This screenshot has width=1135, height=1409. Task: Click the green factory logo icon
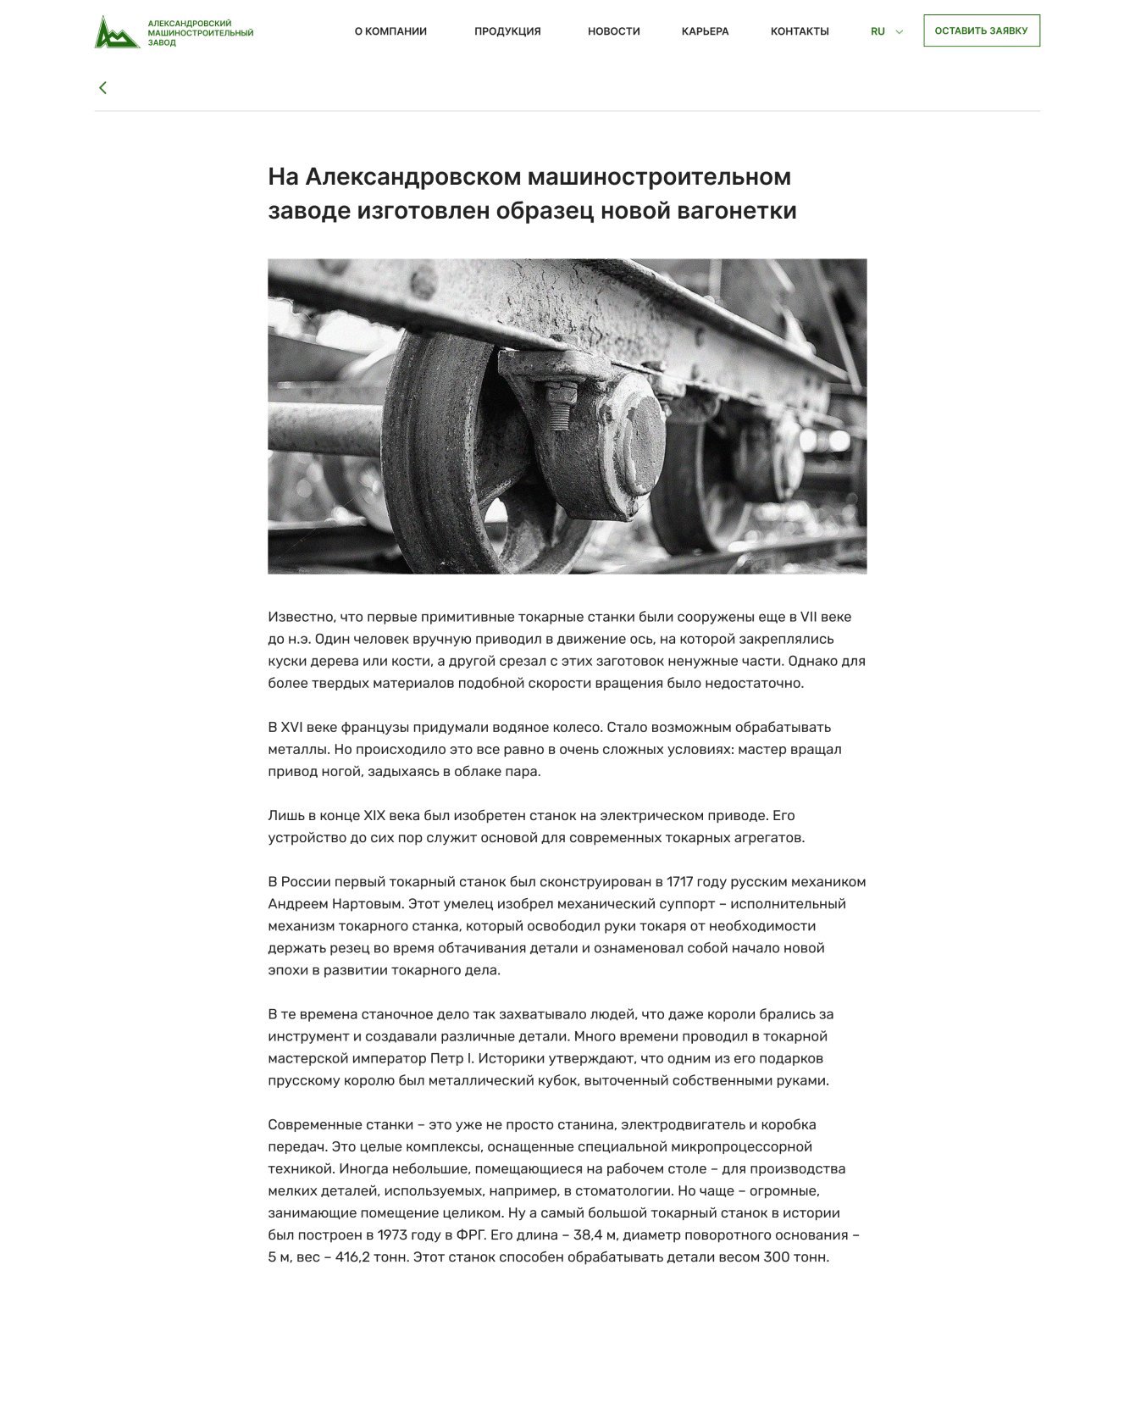click(117, 32)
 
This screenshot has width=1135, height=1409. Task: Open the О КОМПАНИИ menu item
click(390, 31)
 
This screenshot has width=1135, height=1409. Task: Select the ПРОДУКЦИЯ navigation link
click(507, 31)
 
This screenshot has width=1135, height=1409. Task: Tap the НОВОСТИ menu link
click(613, 31)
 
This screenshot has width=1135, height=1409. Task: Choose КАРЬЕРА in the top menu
click(705, 31)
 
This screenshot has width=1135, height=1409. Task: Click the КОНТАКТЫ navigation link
click(799, 31)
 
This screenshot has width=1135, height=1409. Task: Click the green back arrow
click(102, 87)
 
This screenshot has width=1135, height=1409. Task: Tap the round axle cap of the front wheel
click(645, 444)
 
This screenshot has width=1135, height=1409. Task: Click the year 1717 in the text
click(678, 882)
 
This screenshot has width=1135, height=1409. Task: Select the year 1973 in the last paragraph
click(392, 1235)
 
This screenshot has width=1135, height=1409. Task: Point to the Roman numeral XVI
click(291, 728)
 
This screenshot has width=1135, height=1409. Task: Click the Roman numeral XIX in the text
click(374, 816)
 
